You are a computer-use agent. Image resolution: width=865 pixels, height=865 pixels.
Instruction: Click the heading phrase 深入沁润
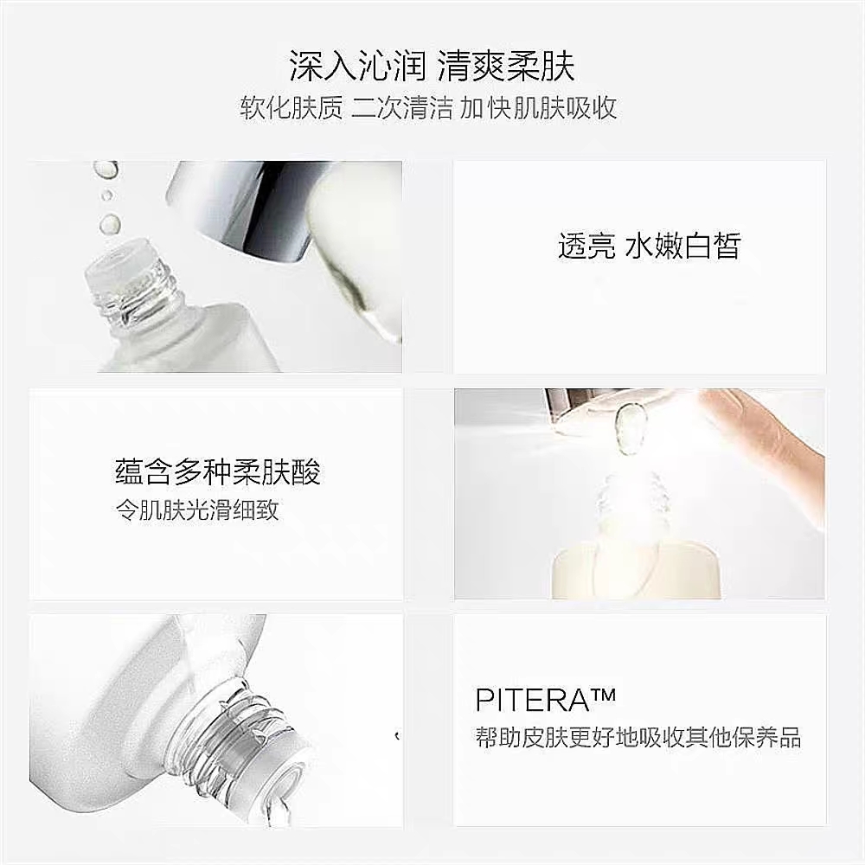(x=358, y=67)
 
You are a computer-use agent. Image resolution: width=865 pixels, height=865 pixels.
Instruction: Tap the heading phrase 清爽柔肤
(x=506, y=67)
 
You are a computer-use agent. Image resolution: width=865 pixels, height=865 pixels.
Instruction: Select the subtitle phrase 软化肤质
(x=292, y=107)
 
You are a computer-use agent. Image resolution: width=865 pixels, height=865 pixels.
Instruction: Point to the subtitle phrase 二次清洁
(x=402, y=107)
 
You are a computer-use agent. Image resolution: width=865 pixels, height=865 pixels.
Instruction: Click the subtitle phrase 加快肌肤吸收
(x=538, y=107)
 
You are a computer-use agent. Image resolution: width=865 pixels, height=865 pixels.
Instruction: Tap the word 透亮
(x=586, y=246)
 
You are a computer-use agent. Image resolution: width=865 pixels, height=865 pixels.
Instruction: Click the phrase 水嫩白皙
(x=683, y=246)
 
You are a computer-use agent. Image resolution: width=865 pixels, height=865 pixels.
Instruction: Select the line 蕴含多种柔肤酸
(x=218, y=471)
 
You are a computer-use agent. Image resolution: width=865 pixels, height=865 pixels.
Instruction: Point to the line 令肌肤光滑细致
(x=197, y=510)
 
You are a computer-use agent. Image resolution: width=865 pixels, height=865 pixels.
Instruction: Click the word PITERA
(x=533, y=700)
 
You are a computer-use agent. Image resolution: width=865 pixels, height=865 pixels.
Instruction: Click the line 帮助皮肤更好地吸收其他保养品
(x=638, y=738)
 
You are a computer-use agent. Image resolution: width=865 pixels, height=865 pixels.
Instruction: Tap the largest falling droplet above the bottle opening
(x=110, y=223)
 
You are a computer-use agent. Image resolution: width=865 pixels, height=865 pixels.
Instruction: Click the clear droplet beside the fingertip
(x=628, y=429)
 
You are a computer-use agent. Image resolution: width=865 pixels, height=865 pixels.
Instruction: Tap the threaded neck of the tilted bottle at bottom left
(x=243, y=734)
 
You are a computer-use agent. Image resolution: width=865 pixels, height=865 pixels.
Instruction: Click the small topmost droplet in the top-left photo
(x=105, y=169)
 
